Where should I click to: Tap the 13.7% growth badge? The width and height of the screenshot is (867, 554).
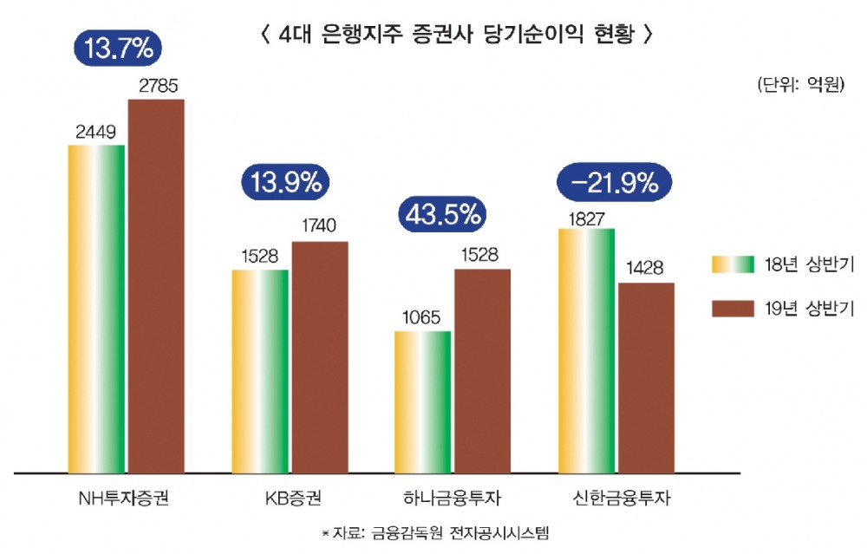click(120, 49)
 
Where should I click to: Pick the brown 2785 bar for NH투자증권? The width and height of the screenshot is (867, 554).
click(157, 286)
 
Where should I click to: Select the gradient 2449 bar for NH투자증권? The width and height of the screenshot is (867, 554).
click(97, 309)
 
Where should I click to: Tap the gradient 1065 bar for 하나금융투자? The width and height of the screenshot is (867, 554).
click(423, 402)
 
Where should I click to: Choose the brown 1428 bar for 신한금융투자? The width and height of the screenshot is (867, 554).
click(646, 378)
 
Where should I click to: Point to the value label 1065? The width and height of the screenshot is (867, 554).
click(422, 317)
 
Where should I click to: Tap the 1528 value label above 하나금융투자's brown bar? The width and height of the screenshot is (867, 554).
click(483, 256)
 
